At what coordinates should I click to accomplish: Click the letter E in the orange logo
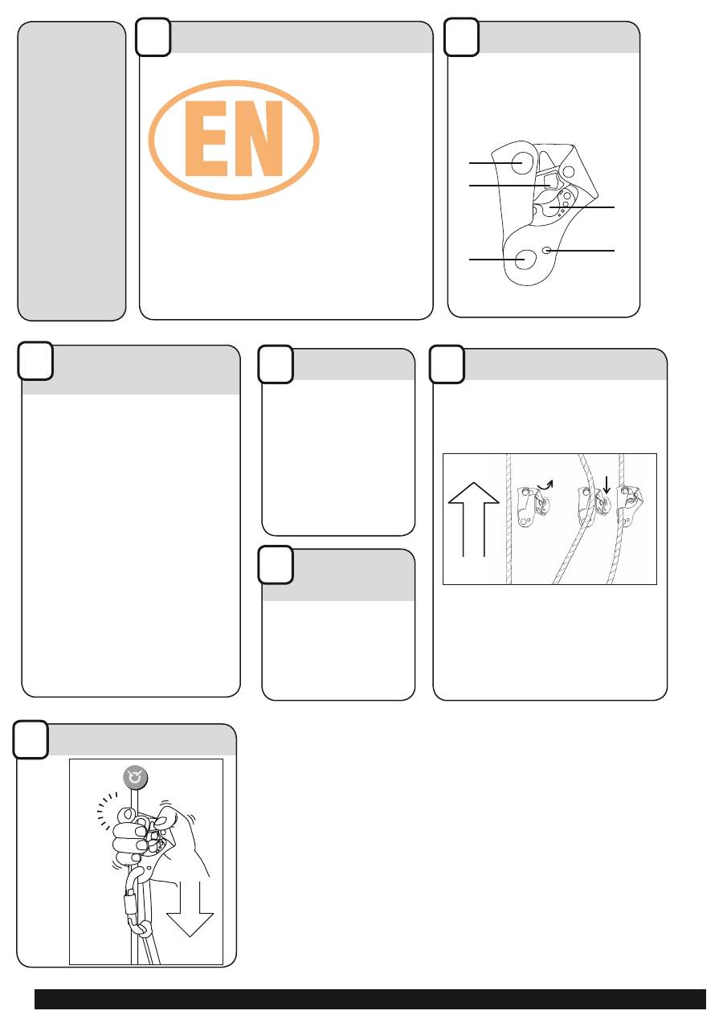[x=206, y=138]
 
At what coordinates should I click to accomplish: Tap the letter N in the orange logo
[x=258, y=138]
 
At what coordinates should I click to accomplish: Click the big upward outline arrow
[x=474, y=519]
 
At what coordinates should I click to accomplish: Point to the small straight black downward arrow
[x=607, y=485]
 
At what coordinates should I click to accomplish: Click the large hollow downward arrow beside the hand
[x=190, y=908]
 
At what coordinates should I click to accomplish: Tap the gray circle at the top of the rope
[x=136, y=778]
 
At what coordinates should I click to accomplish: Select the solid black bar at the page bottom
[x=370, y=999]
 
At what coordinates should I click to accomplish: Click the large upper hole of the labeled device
[x=521, y=163]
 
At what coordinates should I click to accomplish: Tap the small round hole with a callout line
[x=548, y=250]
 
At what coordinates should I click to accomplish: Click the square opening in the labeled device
[x=551, y=182]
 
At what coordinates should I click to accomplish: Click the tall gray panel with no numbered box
[x=71, y=171]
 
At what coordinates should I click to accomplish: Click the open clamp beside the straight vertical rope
[x=533, y=507]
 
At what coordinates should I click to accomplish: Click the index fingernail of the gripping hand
[x=129, y=814]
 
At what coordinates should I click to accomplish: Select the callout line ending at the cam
[x=582, y=207]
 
